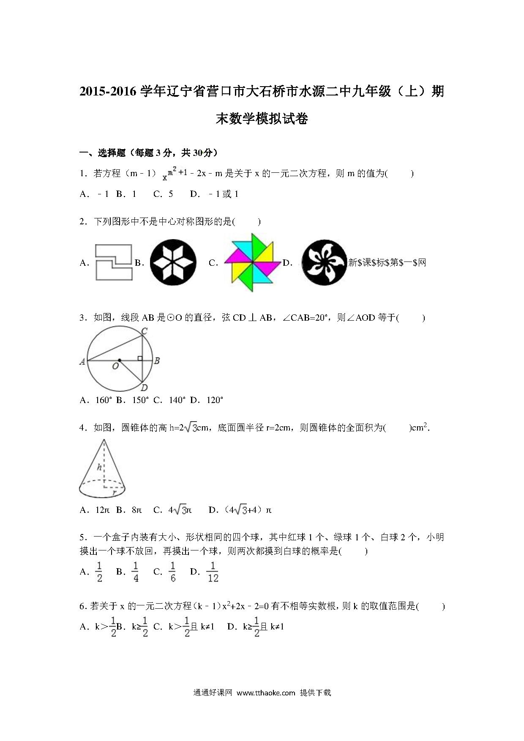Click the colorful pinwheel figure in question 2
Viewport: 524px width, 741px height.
[x=252, y=262]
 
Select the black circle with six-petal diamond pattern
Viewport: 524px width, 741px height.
[x=173, y=262]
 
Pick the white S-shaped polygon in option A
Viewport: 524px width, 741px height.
[x=114, y=262]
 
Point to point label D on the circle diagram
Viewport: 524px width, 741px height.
[x=144, y=388]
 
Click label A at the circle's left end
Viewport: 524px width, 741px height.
[x=82, y=361]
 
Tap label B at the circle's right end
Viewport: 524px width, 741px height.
[x=157, y=361]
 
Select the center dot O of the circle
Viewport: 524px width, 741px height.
[x=120, y=360]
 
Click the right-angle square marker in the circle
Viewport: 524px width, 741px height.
[x=140, y=358]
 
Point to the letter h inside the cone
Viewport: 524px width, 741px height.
[x=99, y=467]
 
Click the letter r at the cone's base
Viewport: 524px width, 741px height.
[x=114, y=492]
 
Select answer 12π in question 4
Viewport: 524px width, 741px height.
[x=102, y=510]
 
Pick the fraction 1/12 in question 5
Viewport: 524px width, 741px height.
[x=213, y=572]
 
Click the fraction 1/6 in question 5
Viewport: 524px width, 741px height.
[x=173, y=572]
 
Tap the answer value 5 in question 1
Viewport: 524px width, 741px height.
[x=171, y=194]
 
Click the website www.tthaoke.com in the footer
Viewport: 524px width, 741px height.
[x=266, y=692]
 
